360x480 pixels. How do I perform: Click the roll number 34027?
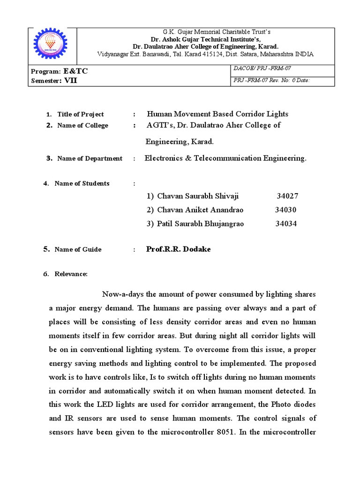tap(287, 196)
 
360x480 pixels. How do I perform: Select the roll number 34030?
tap(285, 210)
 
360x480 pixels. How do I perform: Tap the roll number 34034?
tap(286, 224)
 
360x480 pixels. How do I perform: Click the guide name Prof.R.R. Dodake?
tap(178, 249)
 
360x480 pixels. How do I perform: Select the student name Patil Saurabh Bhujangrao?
tap(201, 224)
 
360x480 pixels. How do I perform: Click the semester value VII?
tap(71, 80)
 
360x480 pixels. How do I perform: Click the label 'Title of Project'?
tap(80, 114)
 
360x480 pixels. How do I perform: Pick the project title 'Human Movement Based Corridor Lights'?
tap(217, 114)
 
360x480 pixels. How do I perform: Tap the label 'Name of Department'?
tap(90, 158)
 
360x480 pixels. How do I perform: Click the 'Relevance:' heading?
tap(71, 274)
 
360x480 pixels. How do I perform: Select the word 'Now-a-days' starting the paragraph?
tap(123, 294)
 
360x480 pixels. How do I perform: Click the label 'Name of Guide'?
tap(78, 249)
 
